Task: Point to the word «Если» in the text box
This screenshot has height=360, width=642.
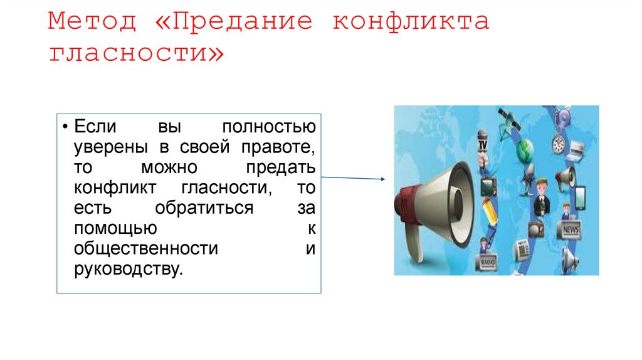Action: pyautogui.click(x=96, y=126)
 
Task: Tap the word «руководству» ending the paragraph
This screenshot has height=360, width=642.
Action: pyautogui.click(x=129, y=269)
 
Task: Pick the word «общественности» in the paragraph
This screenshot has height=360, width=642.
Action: pyautogui.click(x=146, y=248)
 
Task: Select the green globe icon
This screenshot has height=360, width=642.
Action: pyautogui.click(x=525, y=150)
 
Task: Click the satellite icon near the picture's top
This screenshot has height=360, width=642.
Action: pyautogui.click(x=505, y=120)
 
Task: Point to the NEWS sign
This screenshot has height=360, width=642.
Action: pyautogui.click(x=571, y=230)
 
